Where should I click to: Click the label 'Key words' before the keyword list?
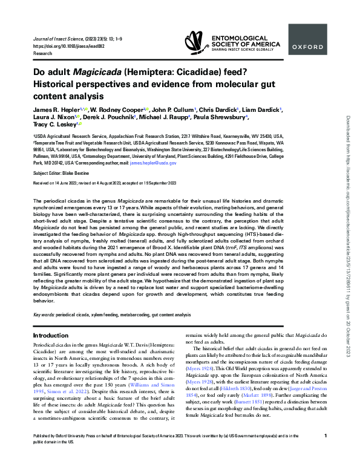point(43,315)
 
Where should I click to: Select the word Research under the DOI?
point(42,52)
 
